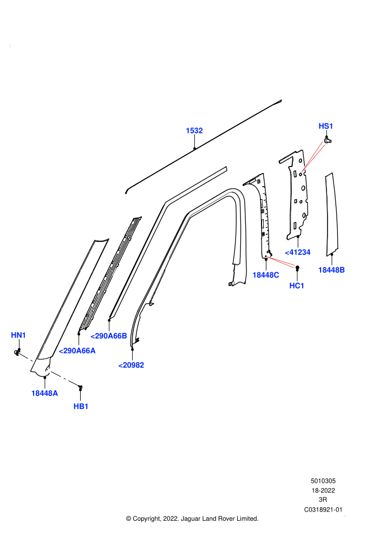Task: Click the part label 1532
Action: (194, 131)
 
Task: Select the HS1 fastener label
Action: (326, 126)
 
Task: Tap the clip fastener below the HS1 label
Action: (328, 140)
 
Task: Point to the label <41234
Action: (298, 252)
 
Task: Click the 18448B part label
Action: (331, 270)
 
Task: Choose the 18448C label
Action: (265, 275)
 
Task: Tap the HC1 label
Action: (297, 286)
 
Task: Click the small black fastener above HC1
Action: (297, 267)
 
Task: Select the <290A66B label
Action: (109, 336)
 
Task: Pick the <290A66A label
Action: (77, 351)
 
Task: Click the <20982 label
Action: (131, 366)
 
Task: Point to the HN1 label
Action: (18, 335)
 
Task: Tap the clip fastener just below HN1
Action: (17, 351)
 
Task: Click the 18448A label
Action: (44, 393)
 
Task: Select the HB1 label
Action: (81, 406)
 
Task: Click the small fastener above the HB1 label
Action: (80, 387)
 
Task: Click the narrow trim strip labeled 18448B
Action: (331, 214)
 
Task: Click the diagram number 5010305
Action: (323, 481)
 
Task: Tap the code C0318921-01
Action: (323, 509)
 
